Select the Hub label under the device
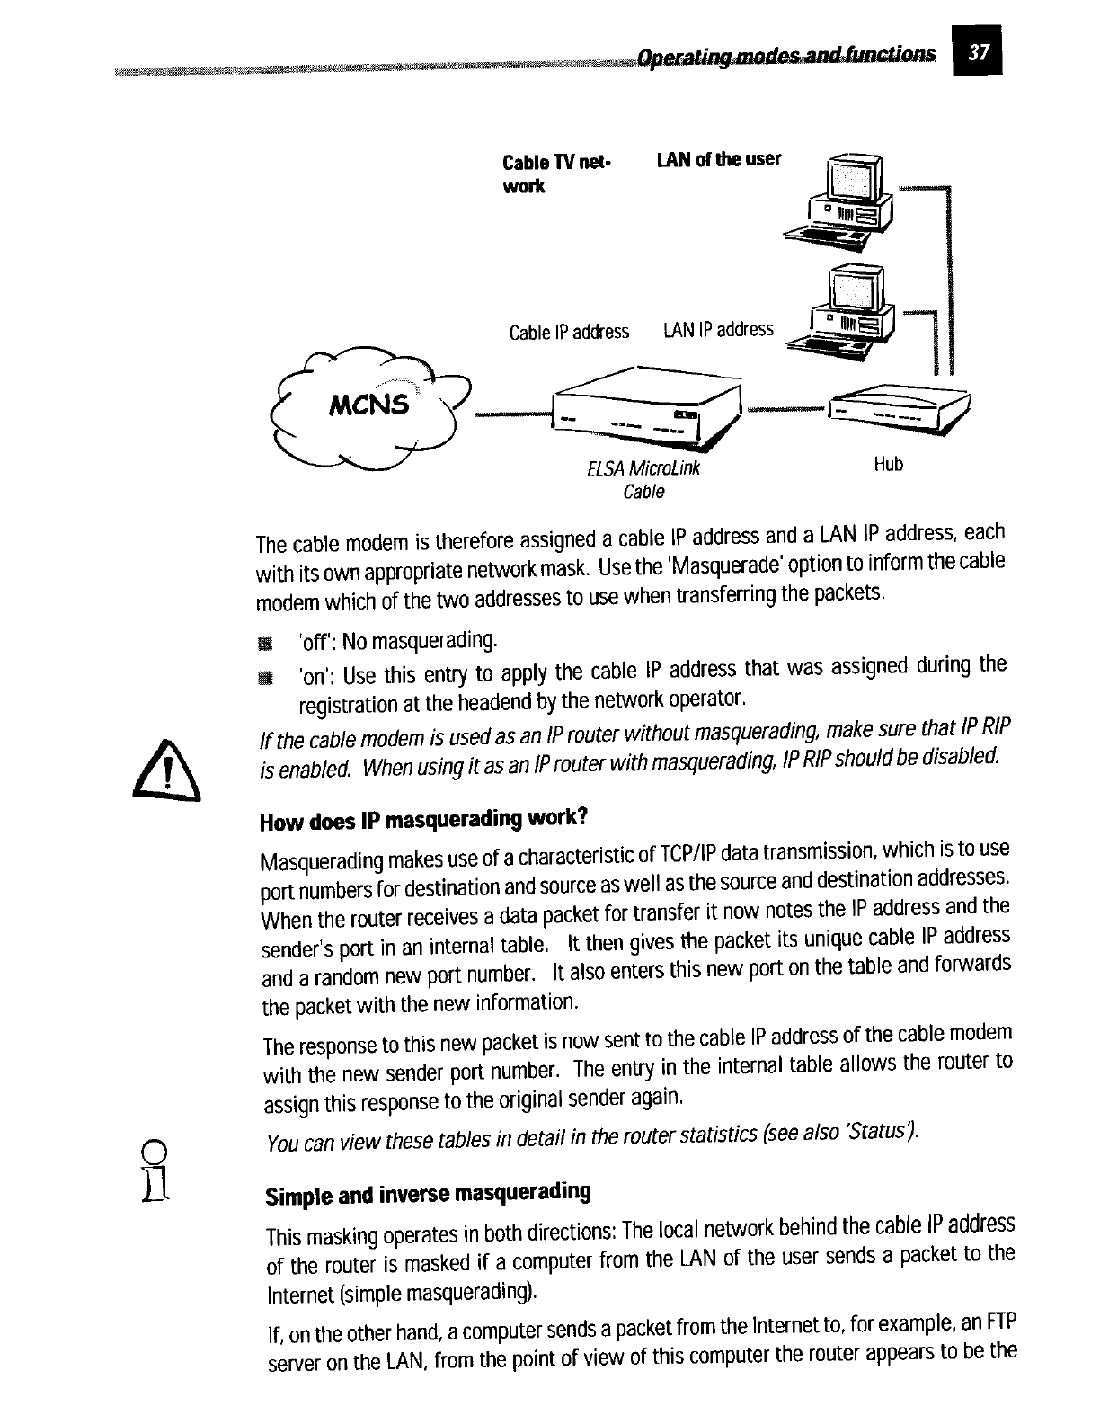pyautogui.click(x=888, y=464)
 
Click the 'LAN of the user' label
pyautogui.click(x=719, y=160)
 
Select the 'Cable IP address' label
pyautogui.click(x=569, y=332)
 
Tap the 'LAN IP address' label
pyautogui.click(x=718, y=330)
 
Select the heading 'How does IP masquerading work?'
pyautogui.click(x=423, y=821)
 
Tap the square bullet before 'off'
pyautogui.click(x=263, y=643)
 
